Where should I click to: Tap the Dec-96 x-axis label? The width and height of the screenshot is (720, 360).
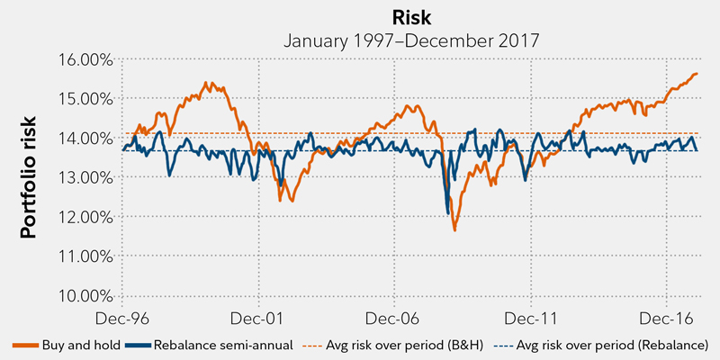(121, 318)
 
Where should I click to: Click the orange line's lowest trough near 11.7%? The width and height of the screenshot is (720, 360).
(455, 230)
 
